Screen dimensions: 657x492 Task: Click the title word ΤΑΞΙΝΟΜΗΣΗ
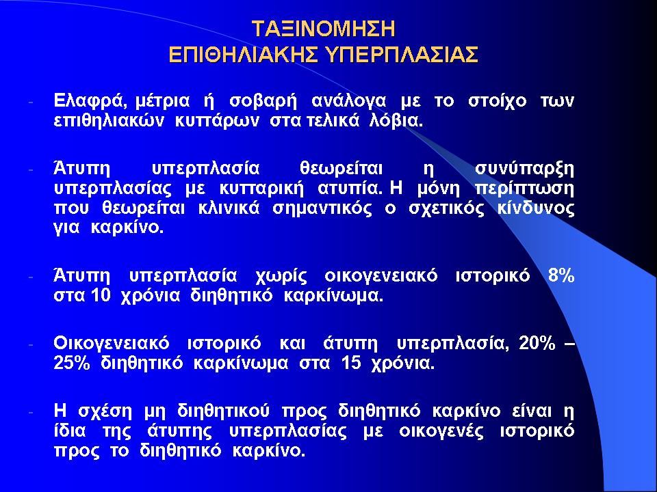[324, 29]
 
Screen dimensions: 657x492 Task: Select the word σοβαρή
[263, 102]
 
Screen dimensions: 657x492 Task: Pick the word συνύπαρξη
[525, 169]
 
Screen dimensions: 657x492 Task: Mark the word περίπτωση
[525, 189]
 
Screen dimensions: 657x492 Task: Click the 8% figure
[561, 276]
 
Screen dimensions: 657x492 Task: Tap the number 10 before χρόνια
[100, 296]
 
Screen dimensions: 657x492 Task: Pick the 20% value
[537, 344]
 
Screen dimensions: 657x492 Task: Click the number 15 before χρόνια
[351, 363]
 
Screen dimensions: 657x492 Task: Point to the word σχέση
[105, 411]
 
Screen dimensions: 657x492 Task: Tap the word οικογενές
[441, 432]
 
